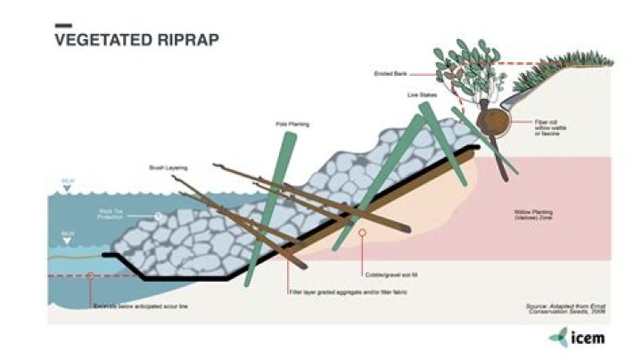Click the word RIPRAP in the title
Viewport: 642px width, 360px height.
click(x=187, y=40)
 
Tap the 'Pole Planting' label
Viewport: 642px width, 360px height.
click(x=292, y=125)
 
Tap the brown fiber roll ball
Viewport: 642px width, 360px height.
click(x=493, y=120)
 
